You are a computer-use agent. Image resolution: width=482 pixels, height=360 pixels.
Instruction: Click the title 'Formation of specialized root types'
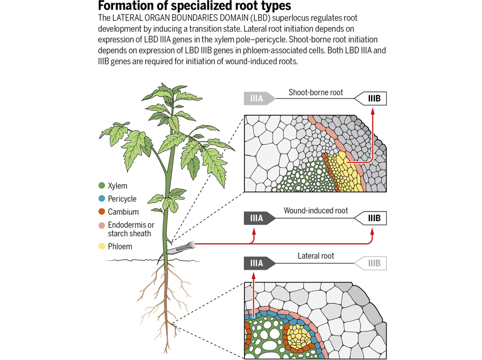[194, 6]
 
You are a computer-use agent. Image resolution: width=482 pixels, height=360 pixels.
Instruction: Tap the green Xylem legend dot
[102, 186]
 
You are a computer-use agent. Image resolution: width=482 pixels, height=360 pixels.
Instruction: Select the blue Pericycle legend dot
[102, 199]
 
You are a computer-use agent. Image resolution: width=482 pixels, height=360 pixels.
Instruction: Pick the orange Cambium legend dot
[102, 212]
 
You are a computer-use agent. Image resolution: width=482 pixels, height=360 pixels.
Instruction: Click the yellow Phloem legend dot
[102, 246]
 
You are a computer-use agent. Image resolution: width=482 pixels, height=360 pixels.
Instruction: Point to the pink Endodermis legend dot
[102, 225]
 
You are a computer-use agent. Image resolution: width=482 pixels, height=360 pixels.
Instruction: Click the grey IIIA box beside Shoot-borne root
[258, 99]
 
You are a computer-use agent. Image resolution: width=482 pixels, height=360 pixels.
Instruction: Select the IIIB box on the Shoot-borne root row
[372, 99]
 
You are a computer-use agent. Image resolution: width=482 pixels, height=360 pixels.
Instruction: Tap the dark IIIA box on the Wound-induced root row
[258, 218]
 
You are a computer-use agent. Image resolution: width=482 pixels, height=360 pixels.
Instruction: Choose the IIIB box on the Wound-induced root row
[372, 218]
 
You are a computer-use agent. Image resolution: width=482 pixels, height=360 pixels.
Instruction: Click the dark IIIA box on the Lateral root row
[258, 263]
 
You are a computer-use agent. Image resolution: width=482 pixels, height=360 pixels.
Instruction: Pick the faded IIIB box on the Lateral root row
[372, 263]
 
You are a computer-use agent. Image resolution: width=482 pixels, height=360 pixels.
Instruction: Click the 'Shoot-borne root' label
[316, 92]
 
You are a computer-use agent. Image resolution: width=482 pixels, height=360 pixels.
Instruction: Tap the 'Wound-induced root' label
[316, 211]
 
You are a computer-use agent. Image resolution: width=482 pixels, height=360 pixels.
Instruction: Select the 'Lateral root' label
[316, 256]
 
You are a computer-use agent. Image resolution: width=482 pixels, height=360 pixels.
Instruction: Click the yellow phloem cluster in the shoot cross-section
[346, 172]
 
